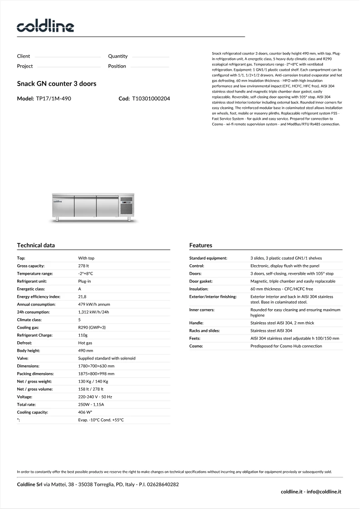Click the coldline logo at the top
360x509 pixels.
click(x=45, y=26)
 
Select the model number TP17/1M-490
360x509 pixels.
click(x=53, y=98)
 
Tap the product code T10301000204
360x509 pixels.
click(x=151, y=98)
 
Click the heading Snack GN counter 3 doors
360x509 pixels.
click(x=57, y=84)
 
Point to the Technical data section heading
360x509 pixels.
click(x=36, y=245)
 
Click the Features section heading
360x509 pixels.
click(x=200, y=245)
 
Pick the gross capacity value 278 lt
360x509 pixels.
click(x=84, y=266)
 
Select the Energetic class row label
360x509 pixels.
click(x=31, y=289)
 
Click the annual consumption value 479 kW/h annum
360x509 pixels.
click(x=94, y=304)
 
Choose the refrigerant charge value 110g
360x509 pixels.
click(x=83, y=335)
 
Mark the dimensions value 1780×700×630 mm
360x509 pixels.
click(x=96, y=366)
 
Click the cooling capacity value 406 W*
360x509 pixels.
click(x=85, y=412)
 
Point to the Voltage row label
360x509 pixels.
click(x=25, y=397)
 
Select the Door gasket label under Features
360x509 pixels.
click(x=201, y=281)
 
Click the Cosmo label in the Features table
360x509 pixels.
click(x=196, y=346)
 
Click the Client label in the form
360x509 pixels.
click(x=24, y=56)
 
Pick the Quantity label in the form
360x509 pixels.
click(x=118, y=56)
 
